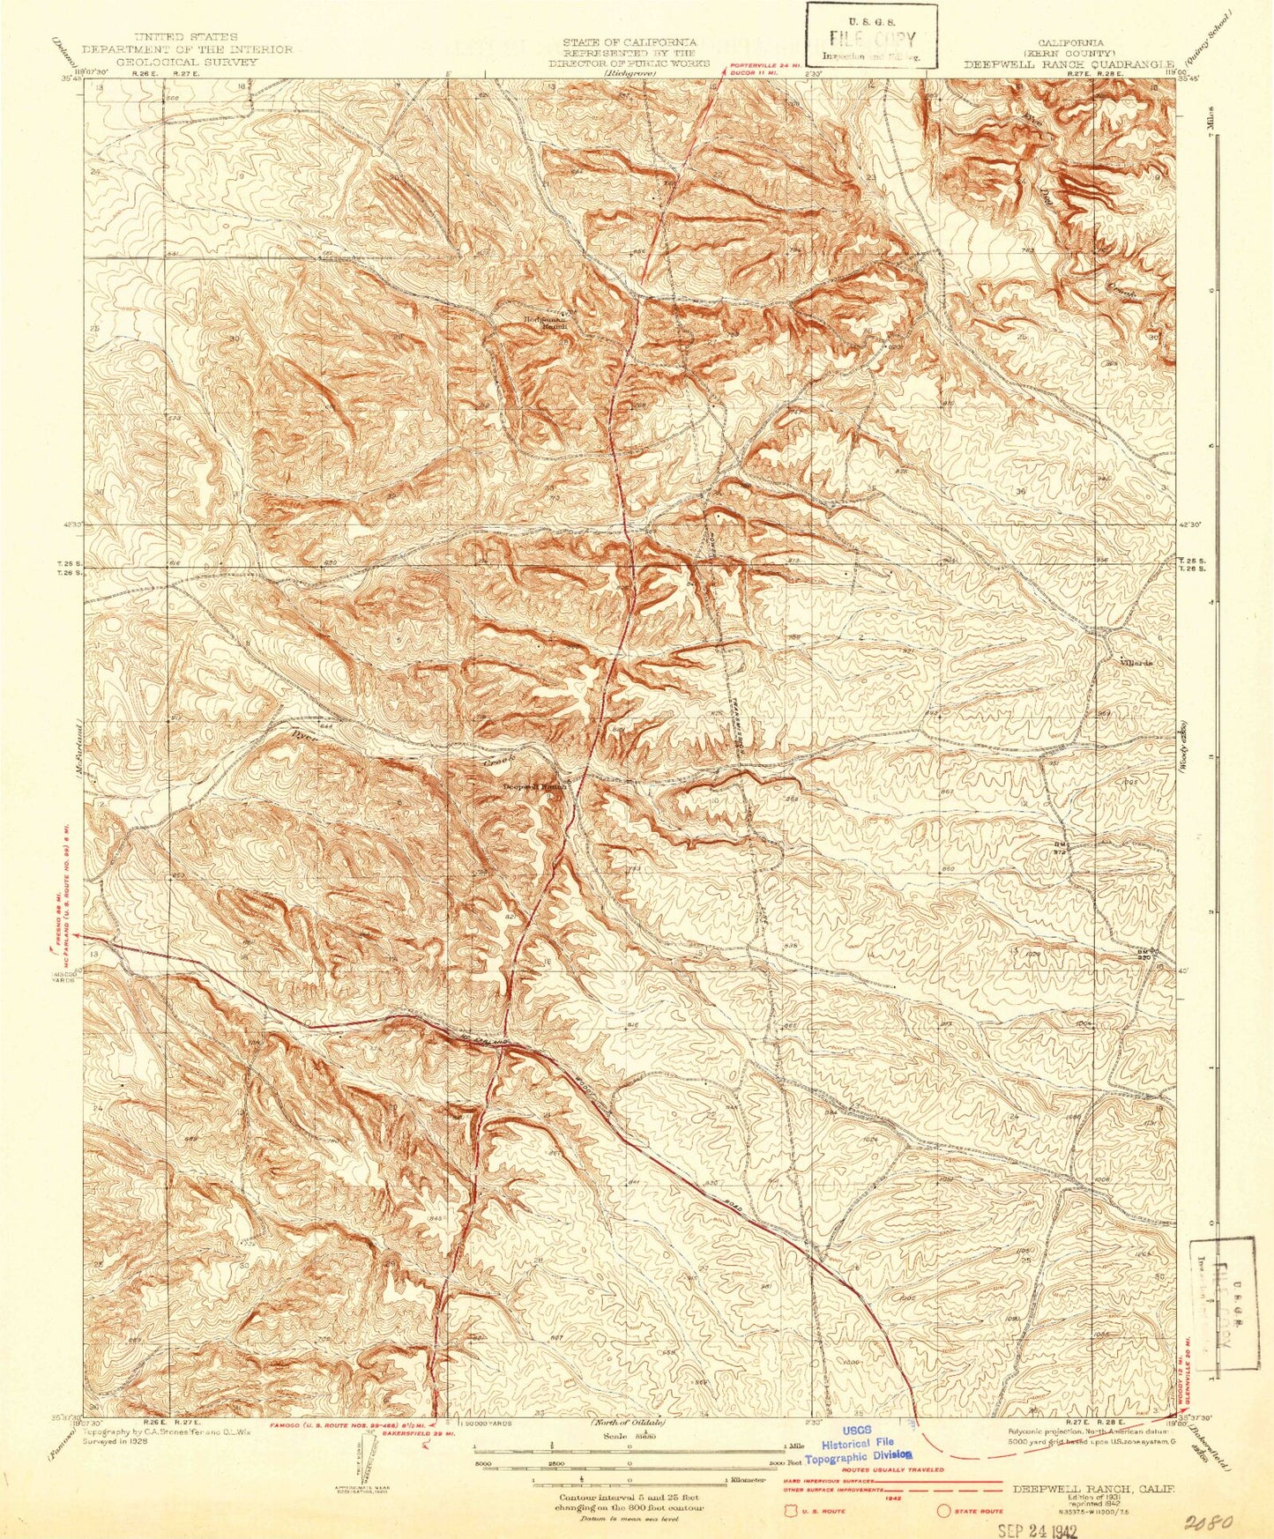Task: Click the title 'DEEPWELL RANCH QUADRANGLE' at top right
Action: coord(1069,64)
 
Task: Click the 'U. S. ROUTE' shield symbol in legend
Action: coord(790,1512)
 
